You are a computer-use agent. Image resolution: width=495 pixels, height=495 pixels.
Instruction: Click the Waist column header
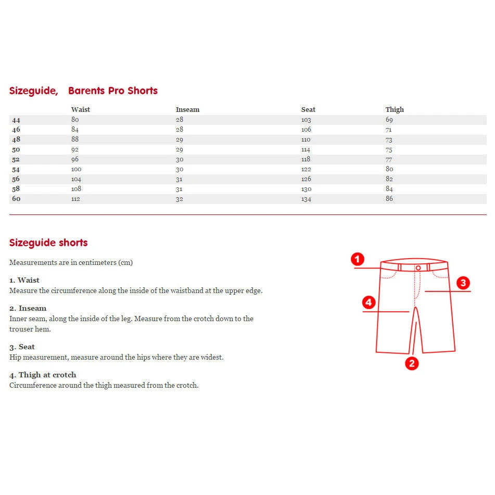(80, 110)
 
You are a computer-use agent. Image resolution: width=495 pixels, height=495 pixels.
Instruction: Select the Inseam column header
(187, 110)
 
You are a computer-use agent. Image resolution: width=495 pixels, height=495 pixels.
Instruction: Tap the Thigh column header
(395, 110)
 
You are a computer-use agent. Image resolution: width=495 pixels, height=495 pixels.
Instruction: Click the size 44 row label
(16, 120)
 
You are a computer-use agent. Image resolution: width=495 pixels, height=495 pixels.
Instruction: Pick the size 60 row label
(16, 199)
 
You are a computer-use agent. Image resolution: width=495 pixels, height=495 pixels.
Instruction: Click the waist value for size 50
(75, 149)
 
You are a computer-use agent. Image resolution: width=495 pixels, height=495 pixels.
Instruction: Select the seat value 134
(306, 199)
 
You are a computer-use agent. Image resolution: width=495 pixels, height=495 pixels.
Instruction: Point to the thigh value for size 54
(389, 169)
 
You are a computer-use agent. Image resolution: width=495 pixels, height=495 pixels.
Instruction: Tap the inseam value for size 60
(180, 199)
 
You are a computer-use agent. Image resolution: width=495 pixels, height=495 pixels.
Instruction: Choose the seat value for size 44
(306, 120)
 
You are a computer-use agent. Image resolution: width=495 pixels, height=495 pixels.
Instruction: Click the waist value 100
(77, 169)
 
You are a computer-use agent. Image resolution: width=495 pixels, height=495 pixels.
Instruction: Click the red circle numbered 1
(357, 259)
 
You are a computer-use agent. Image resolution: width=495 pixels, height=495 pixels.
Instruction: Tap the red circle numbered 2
(412, 363)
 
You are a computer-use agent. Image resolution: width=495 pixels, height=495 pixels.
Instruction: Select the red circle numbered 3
(463, 283)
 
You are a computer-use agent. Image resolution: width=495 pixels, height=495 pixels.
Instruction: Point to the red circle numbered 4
(369, 302)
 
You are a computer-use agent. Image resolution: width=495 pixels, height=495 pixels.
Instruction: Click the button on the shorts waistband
(418, 268)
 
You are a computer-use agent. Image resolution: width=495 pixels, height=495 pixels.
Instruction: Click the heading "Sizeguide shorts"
(48, 243)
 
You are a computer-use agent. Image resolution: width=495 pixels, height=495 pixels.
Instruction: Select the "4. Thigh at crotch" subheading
(43, 375)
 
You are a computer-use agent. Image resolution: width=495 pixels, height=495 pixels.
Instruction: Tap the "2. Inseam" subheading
(28, 308)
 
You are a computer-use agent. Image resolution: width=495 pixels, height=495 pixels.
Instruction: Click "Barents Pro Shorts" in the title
(113, 91)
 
